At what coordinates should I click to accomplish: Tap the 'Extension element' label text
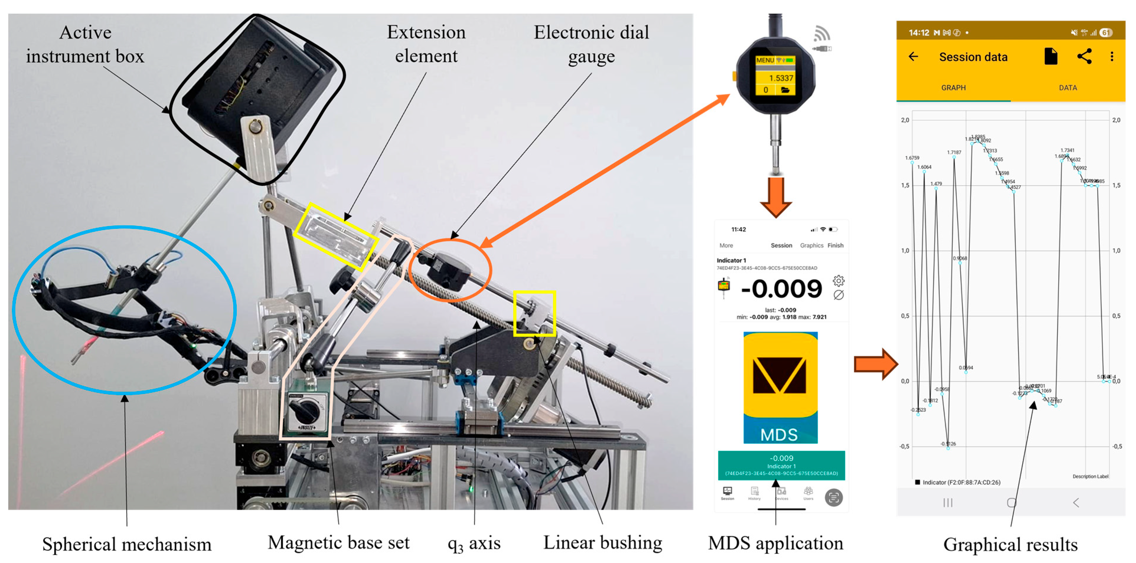(x=426, y=44)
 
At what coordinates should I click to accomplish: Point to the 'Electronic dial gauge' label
(x=591, y=44)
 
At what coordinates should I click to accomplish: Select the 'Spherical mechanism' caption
(x=127, y=544)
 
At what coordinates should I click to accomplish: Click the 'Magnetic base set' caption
(x=338, y=542)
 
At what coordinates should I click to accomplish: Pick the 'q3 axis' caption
(x=474, y=543)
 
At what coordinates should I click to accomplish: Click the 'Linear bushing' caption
(x=603, y=542)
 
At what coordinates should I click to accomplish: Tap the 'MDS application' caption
(x=775, y=543)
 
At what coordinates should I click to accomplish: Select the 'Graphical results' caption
(x=1010, y=544)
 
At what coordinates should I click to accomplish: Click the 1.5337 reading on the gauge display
(x=781, y=78)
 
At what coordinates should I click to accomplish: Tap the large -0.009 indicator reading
(x=781, y=289)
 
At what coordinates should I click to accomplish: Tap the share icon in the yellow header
(x=1084, y=56)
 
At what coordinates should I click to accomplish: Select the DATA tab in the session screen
(x=1068, y=88)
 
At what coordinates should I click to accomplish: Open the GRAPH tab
(x=954, y=88)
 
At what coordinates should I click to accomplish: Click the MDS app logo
(x=780, y=387)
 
